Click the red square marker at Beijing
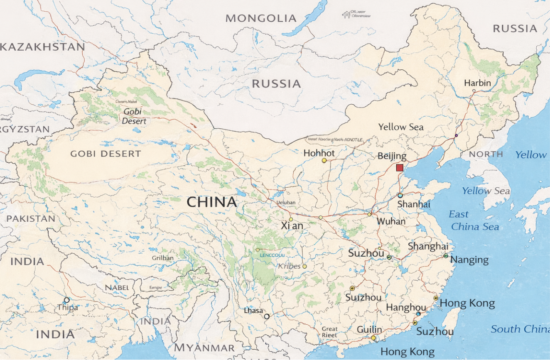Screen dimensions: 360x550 coord(400,168)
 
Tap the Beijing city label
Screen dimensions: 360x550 coord(392,157)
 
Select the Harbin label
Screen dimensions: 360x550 coord(477,83)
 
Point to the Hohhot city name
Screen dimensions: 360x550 coord(319,153)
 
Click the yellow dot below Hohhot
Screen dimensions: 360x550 coord(324,160)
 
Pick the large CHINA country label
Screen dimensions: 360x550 coord(212,202)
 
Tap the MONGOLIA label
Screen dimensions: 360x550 coord(261,18)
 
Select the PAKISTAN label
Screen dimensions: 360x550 coord(31,218)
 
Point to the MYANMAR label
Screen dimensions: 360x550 coord(204,348)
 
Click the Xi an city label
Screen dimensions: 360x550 coord(292,226)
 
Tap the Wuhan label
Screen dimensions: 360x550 coord(391,221)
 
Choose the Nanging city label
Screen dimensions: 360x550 coord(469,260)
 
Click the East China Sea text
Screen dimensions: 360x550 coord(475,220)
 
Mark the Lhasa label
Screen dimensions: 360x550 coord(253,311)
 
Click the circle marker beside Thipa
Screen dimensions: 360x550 coord(66,300)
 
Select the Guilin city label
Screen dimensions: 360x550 coord(369,330)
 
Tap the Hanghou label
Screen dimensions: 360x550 coord(406,308)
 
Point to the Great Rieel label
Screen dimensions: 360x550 coord(329,332)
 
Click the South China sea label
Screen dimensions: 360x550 coord(520,329)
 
